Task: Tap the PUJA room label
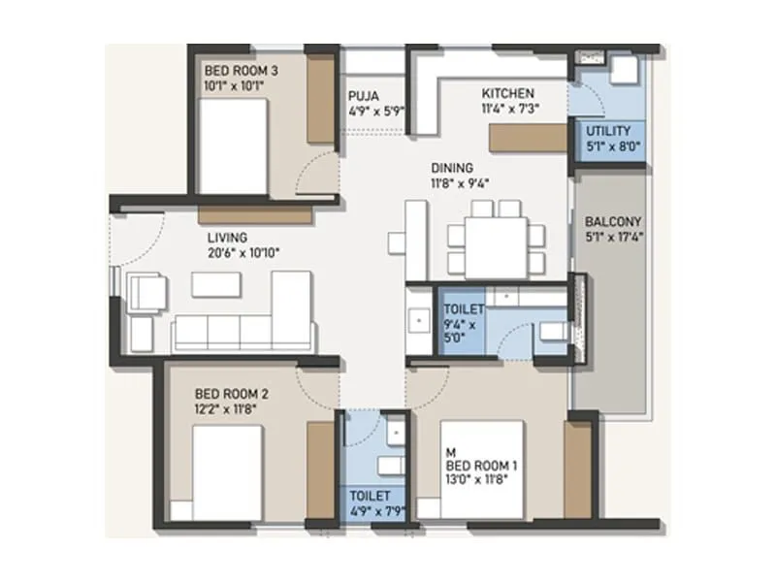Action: point(364,95)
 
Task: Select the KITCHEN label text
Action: point(507,93)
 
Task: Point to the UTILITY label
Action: point(608,131)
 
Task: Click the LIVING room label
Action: point(227,237)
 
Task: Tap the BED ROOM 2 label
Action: point(231,394)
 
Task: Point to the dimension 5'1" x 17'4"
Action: point(615,235)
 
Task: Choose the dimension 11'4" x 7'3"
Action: point(511,108)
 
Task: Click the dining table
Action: point(496,237)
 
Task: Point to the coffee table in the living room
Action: point(215,283)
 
